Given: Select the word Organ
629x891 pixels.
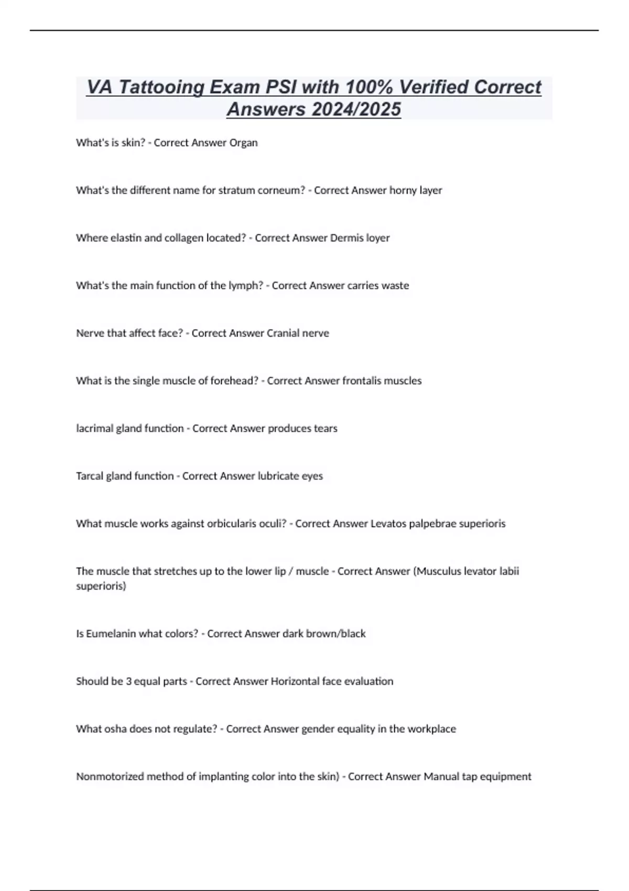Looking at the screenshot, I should (x=243, y=143).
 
